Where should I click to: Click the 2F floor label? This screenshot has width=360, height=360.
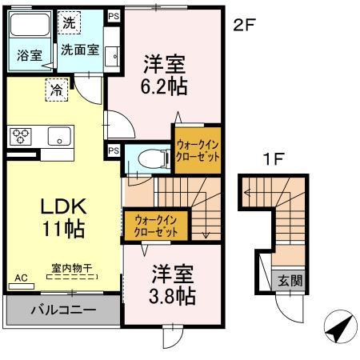(244, 26)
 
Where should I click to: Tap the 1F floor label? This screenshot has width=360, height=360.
(274, 160)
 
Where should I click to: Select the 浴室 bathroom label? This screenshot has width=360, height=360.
(28, 56)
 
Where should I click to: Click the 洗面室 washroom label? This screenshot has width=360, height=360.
(80, 50)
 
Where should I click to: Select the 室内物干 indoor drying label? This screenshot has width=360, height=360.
(72, 268)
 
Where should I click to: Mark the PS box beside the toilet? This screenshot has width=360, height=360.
(114, 150)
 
